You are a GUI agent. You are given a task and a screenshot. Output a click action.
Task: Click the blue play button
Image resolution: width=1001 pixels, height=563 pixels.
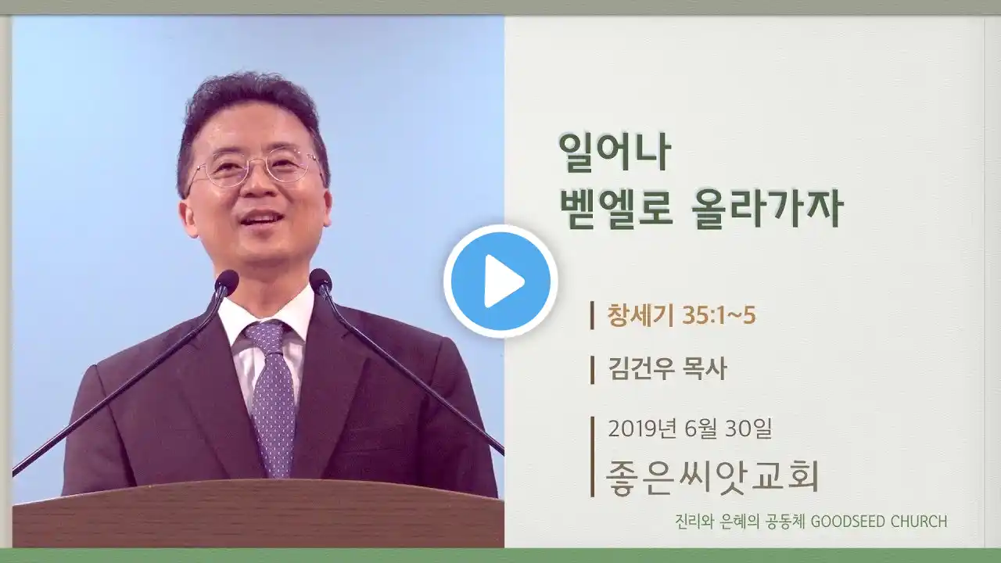500,281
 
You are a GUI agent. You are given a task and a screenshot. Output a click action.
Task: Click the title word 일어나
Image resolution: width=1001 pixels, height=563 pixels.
615,152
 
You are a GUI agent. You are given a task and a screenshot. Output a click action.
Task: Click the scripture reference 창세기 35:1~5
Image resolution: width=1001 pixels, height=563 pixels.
681,315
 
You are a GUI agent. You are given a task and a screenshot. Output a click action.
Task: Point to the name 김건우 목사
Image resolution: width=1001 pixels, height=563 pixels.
667,370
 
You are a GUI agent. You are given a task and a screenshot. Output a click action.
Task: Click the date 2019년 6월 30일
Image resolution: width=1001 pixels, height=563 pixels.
690,429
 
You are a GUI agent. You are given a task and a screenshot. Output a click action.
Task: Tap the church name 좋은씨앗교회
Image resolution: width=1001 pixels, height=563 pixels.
712,476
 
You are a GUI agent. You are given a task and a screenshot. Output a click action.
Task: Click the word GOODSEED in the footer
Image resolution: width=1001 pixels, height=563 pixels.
848,522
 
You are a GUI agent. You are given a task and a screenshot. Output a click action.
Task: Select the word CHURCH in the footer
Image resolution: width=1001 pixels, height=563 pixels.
919,522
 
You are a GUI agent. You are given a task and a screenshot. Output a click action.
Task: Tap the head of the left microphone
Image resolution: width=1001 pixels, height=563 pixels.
227,281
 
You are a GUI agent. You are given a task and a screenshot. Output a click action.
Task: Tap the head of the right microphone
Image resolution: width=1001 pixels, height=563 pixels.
321,280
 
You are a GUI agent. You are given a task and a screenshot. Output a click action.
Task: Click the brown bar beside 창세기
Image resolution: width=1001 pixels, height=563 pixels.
592,315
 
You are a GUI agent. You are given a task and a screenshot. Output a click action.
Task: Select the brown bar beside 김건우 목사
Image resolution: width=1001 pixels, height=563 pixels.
592,370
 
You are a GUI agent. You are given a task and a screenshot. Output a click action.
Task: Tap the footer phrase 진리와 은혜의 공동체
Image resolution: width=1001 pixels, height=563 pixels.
740,522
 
